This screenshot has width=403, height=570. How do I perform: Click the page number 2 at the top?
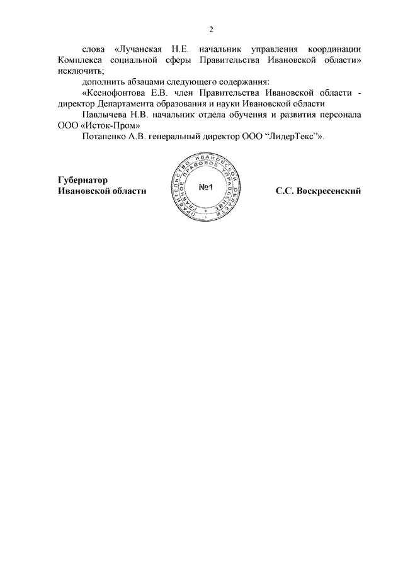coord(212,29)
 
